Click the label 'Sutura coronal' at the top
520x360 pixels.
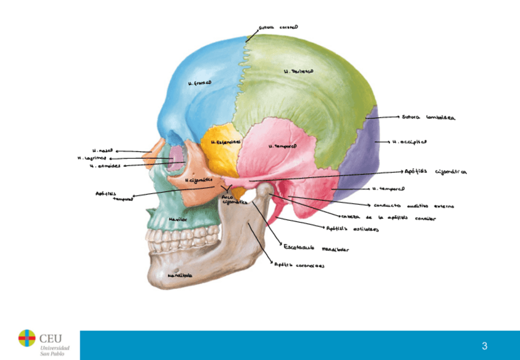278,28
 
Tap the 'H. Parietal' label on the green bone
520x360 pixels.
299,72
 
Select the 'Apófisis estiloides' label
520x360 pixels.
352,230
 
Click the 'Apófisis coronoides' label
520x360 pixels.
299,266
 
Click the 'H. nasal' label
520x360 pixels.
102,150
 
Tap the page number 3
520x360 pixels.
484,345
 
